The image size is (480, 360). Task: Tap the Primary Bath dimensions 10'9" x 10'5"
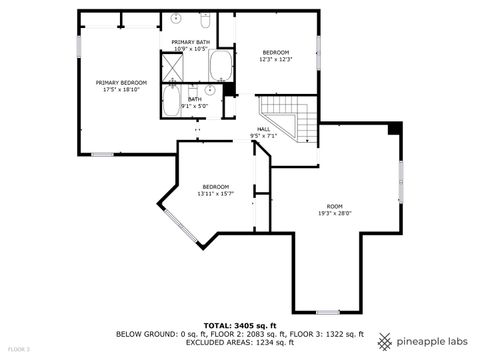tap(190, 49)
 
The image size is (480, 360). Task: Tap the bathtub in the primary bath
tap(220, 67)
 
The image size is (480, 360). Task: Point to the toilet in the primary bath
tap(204, 20)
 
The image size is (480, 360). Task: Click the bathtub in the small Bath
tap(171, 101)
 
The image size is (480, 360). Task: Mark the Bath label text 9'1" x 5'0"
tap(194, 105)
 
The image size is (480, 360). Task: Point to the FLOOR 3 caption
tap(19, 349)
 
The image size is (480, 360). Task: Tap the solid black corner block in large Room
tap(394, 127)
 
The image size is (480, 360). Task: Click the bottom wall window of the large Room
tap(328, 311)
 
